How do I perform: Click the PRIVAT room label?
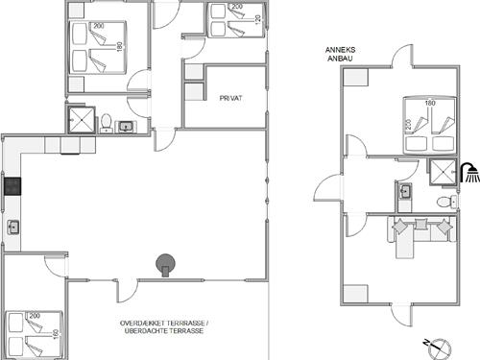(230, 98)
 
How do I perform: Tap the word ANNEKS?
(340, 50)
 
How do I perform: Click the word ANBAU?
(340, 59)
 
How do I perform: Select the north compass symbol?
(439, 348)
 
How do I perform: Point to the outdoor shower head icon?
(469, 173)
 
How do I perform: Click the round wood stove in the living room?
(165, 265)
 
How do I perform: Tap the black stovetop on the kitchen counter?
(12, 186)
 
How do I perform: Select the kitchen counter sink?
(13, 228)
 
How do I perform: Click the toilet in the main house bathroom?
(106, 124)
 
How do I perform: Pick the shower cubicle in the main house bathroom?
(82, 120)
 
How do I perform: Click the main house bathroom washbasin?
(126, 127)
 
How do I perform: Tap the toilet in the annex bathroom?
(446, 202)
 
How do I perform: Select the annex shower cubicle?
(443, 172)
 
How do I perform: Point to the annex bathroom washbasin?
(405, 191)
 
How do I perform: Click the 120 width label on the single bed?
(258, 19)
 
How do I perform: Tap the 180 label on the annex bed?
(430, 103)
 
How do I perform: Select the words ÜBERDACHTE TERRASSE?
(164, 331)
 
